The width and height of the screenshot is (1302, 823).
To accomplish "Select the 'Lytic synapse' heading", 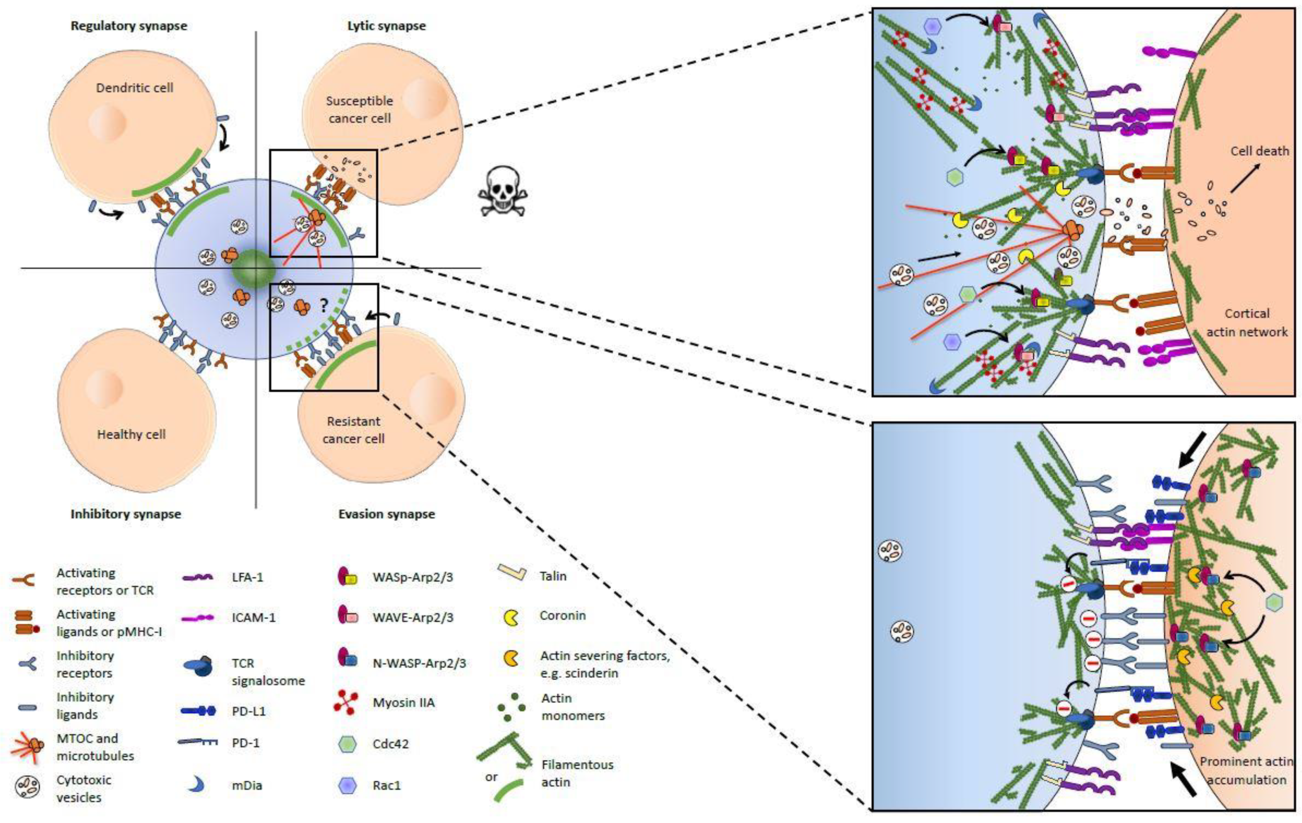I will pos(386,26).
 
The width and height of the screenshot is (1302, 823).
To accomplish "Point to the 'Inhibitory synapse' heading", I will pos(126,514).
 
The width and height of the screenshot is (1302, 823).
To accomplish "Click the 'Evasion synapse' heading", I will pos(386,514).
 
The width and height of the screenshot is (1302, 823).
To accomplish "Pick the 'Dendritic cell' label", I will pos(135,87).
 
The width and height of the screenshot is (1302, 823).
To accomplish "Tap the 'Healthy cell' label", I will pos(131,434).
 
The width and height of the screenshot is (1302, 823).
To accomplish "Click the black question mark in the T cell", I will pos(323,306).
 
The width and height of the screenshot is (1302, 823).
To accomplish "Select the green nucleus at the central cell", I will pos(254,269).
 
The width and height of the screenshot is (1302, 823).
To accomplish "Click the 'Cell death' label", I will pos(1260,151).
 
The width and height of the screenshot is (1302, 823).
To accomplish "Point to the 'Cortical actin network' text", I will pos(1247,322).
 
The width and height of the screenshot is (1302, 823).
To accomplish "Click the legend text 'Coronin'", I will pos(562,615).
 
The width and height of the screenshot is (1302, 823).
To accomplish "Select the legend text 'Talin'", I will pos(553,576).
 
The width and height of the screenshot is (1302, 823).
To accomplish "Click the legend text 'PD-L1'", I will pos(249,711).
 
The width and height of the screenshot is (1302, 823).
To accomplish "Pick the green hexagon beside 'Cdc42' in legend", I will pos(347,744).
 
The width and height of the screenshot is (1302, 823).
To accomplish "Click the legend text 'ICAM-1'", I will pos(254,617).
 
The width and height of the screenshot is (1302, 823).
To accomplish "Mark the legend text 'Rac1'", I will pos(386,785).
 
